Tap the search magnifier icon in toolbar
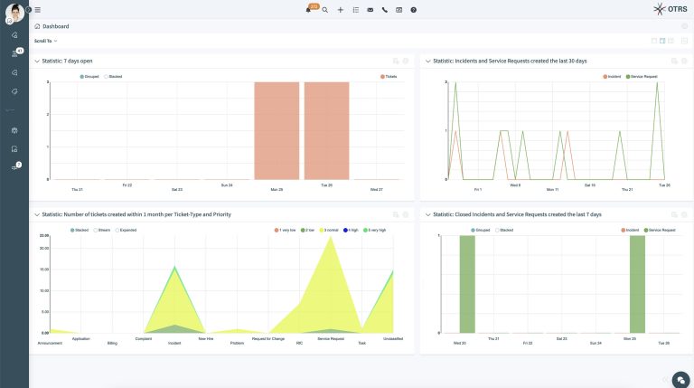coord(325,10)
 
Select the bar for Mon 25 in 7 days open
coord(276,131)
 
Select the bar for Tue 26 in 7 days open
coord(326,131)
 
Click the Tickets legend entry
coord(389,77)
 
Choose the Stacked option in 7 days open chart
coord(114,77)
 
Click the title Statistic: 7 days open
coord(68,62)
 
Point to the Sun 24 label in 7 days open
coord(227,185)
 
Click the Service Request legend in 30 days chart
coord(642,77)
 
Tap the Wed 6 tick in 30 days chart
coord(515,185)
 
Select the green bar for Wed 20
coord(466,284)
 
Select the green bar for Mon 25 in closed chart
coord(637,284)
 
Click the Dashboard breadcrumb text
coord(56,26)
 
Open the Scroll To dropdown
coord(46,41)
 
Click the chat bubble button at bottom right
coord(681,378)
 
